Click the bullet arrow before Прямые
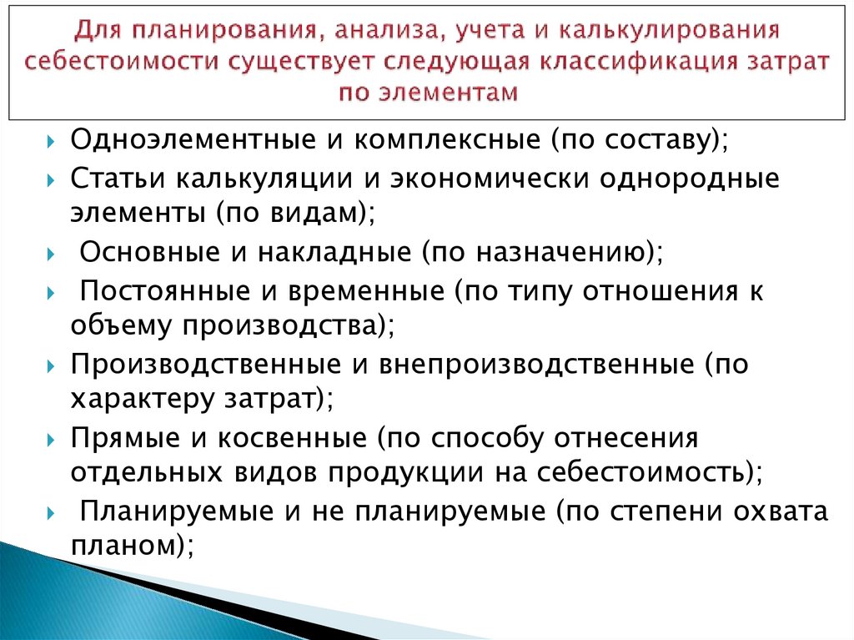coord(52,438)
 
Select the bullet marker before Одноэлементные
coord(52,140)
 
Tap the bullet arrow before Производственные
coord(52,365)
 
